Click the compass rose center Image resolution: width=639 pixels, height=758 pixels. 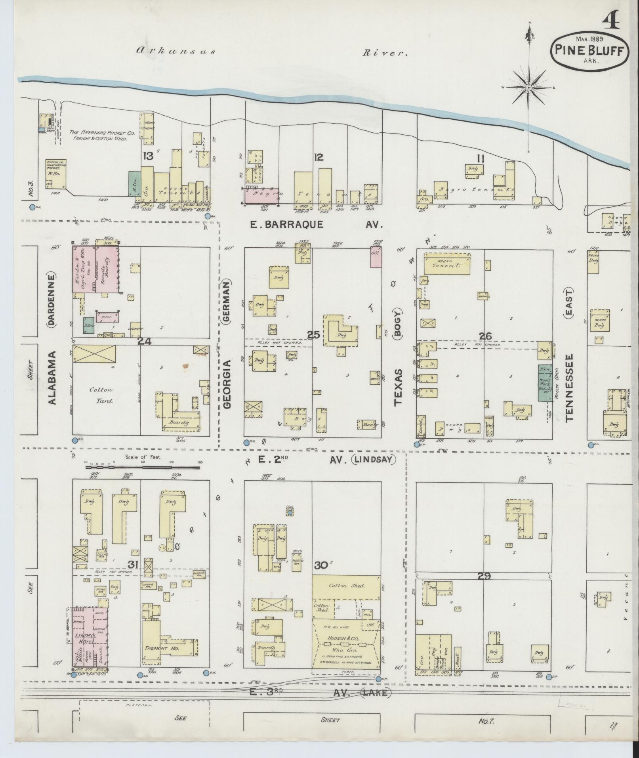point(529,87)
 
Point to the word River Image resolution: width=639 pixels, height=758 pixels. point(385,52)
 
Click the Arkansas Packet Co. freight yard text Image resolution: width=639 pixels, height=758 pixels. point(102,136)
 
